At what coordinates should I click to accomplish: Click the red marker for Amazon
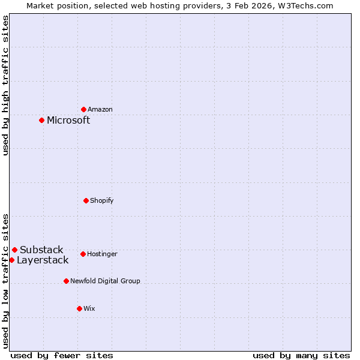(x=83, y=109)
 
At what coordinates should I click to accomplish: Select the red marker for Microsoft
(x=41, y=120)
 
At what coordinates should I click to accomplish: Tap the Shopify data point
(x=86, y=200)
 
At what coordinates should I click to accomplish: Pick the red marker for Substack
(x=14, y=250)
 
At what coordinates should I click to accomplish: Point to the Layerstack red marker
(x=11, y=260)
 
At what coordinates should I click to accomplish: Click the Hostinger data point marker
(x=83, y=254)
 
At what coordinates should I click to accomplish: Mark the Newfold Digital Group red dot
(x=66, y=281)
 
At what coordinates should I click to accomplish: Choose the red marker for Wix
(x=79, y=308)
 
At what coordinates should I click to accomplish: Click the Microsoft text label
(x=68, y=120)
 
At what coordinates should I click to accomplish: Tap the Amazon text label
(x=100, y=109)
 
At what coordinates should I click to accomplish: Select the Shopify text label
(x=102, y=200)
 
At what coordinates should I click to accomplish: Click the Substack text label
(x=41, y=250)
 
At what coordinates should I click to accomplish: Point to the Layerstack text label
(x=43, y=260)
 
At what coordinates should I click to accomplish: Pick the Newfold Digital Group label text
(x=105, y=281)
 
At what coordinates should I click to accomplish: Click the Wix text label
(x=89, y=308)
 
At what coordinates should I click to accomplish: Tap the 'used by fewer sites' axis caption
(x=62, y=355)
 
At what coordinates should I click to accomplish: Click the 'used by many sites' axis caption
(x=301, y=355)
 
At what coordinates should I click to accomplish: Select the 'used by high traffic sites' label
(x=5, y=85)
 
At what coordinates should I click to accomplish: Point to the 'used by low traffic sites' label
(x=5, y=280)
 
